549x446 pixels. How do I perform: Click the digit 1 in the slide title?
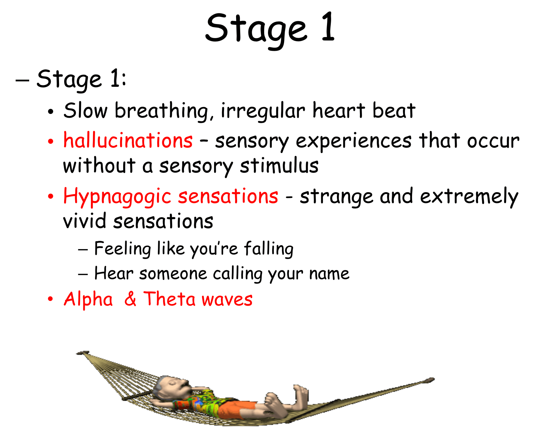tap(328, 26)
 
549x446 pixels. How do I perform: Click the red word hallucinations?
tap(128, 140)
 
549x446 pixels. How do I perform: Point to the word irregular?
tap(263, 111)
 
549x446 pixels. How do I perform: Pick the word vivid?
tap(84, 221)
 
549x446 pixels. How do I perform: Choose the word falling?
tap(269, 249)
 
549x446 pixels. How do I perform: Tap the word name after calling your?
tap(329, 274)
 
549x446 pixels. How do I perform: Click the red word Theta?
tap(169, 298)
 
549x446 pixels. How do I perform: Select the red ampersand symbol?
tap(130, 298)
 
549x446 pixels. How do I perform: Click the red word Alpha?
tap(88, 300)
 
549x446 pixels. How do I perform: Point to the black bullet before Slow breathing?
tap(51, 111)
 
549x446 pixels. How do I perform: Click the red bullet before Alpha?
tap(50, 298)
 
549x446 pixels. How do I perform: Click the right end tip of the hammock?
tap(434, 379)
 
